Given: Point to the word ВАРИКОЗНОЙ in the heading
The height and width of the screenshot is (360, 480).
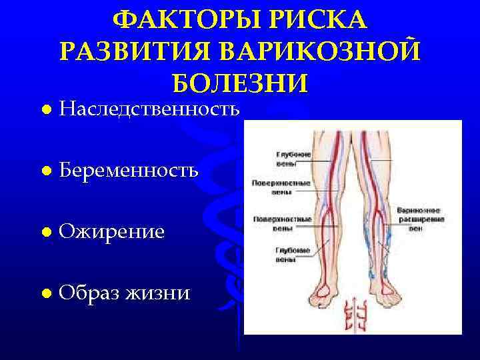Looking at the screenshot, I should tap(325, 52).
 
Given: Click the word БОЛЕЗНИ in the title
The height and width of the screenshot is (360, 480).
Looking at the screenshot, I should tap(239, 83).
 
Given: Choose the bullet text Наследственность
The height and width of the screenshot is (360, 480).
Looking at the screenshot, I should tap(149, 109).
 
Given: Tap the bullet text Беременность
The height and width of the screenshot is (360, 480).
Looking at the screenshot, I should tap(128, 170).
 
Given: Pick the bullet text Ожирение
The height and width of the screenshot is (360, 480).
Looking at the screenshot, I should tap(111, 231).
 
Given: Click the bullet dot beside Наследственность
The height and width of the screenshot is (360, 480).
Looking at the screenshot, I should tap(44, 109).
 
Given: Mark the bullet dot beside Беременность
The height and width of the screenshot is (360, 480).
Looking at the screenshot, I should tap(44, 171).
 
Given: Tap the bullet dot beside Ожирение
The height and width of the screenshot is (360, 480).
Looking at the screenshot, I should tap(44, 232).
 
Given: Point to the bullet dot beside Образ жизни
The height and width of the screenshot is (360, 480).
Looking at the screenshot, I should tap(44, 293).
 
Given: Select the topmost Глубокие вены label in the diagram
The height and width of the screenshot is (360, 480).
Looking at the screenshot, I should tap(293, 158).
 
